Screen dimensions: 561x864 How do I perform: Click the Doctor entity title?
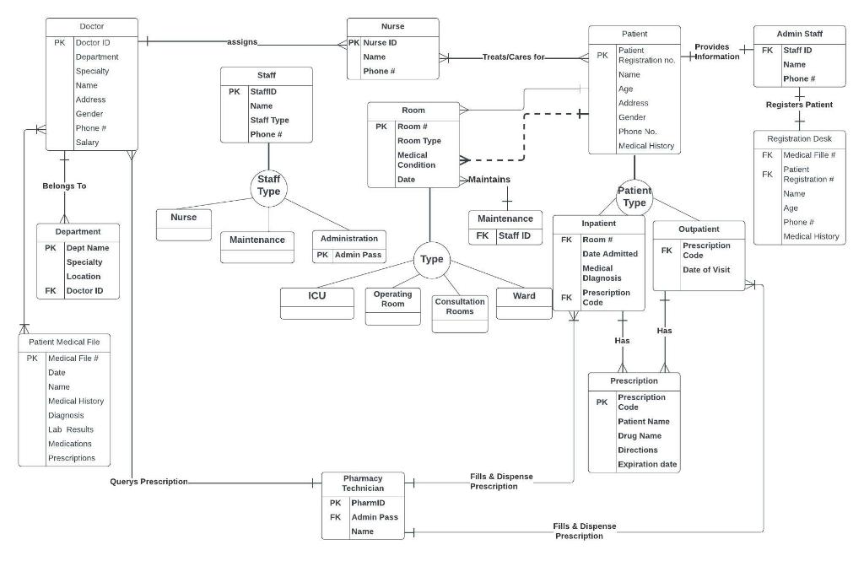91,26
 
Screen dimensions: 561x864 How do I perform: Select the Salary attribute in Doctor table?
87,143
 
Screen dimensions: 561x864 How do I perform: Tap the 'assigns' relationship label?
242,41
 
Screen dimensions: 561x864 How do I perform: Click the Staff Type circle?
268,186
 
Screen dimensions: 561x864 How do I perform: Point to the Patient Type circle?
634,197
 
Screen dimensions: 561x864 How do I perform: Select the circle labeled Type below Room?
431,259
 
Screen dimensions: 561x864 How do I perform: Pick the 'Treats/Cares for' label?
513,57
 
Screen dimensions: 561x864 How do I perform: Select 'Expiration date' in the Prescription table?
648,464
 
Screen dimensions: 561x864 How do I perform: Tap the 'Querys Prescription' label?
148,482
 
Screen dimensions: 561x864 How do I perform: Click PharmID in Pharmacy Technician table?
368,503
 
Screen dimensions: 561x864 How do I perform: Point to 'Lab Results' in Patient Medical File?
72,429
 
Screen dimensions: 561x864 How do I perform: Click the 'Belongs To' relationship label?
64,186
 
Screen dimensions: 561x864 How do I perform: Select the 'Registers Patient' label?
799,105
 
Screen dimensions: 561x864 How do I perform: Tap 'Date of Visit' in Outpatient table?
706,270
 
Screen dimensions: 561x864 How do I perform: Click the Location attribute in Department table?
84,277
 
